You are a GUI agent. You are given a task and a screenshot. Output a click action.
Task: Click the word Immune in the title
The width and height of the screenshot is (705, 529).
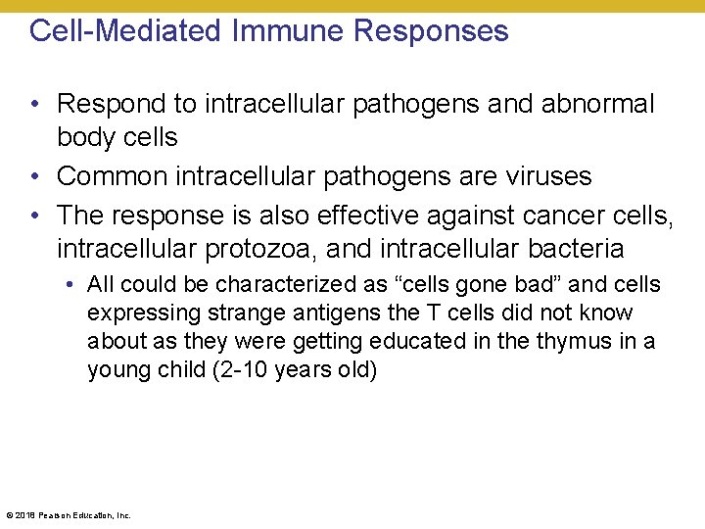point(289,31)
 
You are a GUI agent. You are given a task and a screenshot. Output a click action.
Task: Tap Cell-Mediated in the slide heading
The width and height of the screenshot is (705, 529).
point(127,31)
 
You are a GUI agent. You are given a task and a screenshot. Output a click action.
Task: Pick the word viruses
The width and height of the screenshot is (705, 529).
point(543,177)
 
